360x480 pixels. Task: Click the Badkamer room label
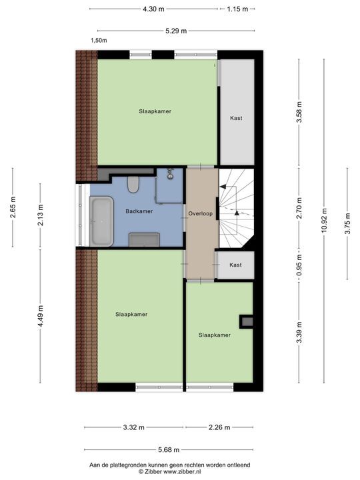coord(139,211)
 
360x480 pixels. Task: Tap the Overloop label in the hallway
coord(201,215)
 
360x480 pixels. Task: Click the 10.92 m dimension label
coord(324,222)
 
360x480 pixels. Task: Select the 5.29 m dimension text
coord(176,30)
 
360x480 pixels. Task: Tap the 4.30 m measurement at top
coord(153,9)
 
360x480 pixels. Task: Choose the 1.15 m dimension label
coord(237,9)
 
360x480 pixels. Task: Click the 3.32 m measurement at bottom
coord(134,428)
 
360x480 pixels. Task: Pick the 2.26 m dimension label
coord(219,428)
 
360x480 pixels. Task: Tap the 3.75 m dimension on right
coord(347,222)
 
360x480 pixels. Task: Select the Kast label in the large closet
coord(236,118)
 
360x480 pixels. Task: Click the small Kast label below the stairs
coord(235,265)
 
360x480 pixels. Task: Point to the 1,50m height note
coord(99,41)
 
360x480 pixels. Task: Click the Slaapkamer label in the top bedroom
coord(155,111)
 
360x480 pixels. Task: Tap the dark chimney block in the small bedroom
coord(247,321)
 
